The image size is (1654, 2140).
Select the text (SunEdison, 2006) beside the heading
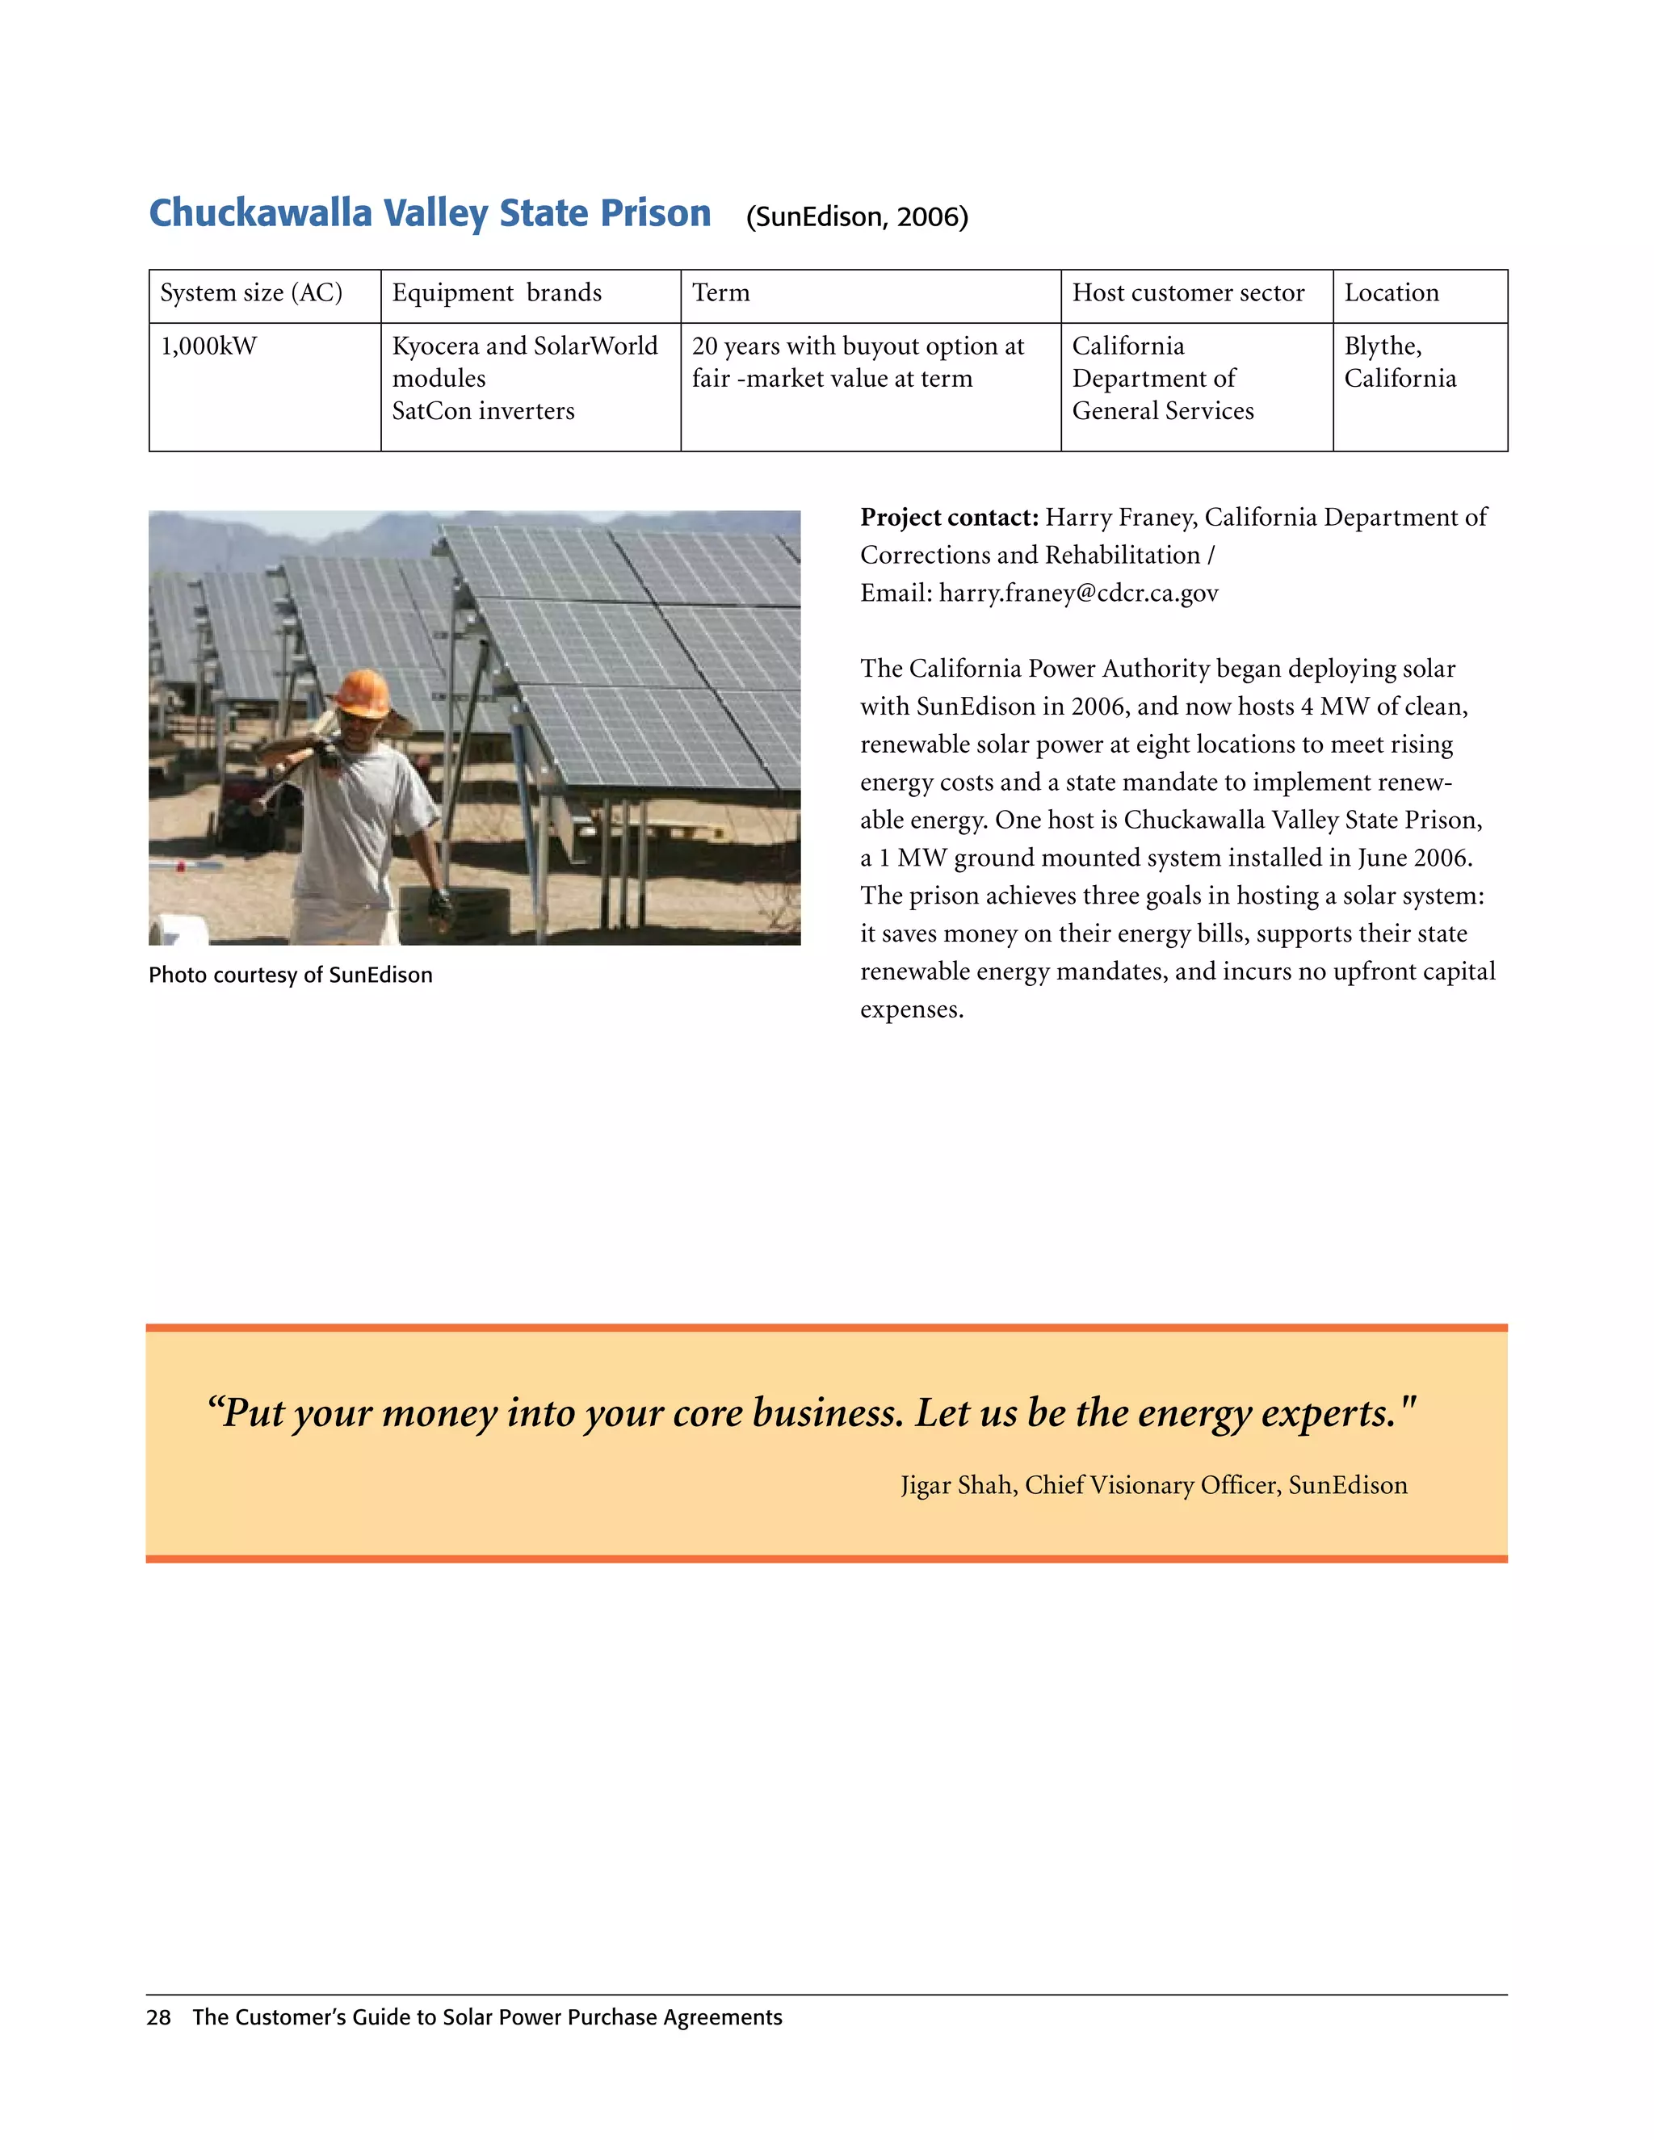click(856, 216)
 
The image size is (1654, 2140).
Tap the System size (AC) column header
click(251, 293)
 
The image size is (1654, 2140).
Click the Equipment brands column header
click(497, 293)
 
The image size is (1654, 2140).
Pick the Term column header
click(720, 293)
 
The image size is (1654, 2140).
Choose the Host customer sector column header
click(1187, 293)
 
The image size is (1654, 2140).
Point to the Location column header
click(1391, 293)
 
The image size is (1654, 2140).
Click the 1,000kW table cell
click(208, 346)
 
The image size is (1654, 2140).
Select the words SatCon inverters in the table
click(483, 410)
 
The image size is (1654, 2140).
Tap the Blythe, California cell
click(1400, 363)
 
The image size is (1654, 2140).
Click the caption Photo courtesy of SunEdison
click(290, 975)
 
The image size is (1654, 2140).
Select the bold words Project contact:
click(948, 518)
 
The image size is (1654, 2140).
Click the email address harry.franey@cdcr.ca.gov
click(1078, 593)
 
